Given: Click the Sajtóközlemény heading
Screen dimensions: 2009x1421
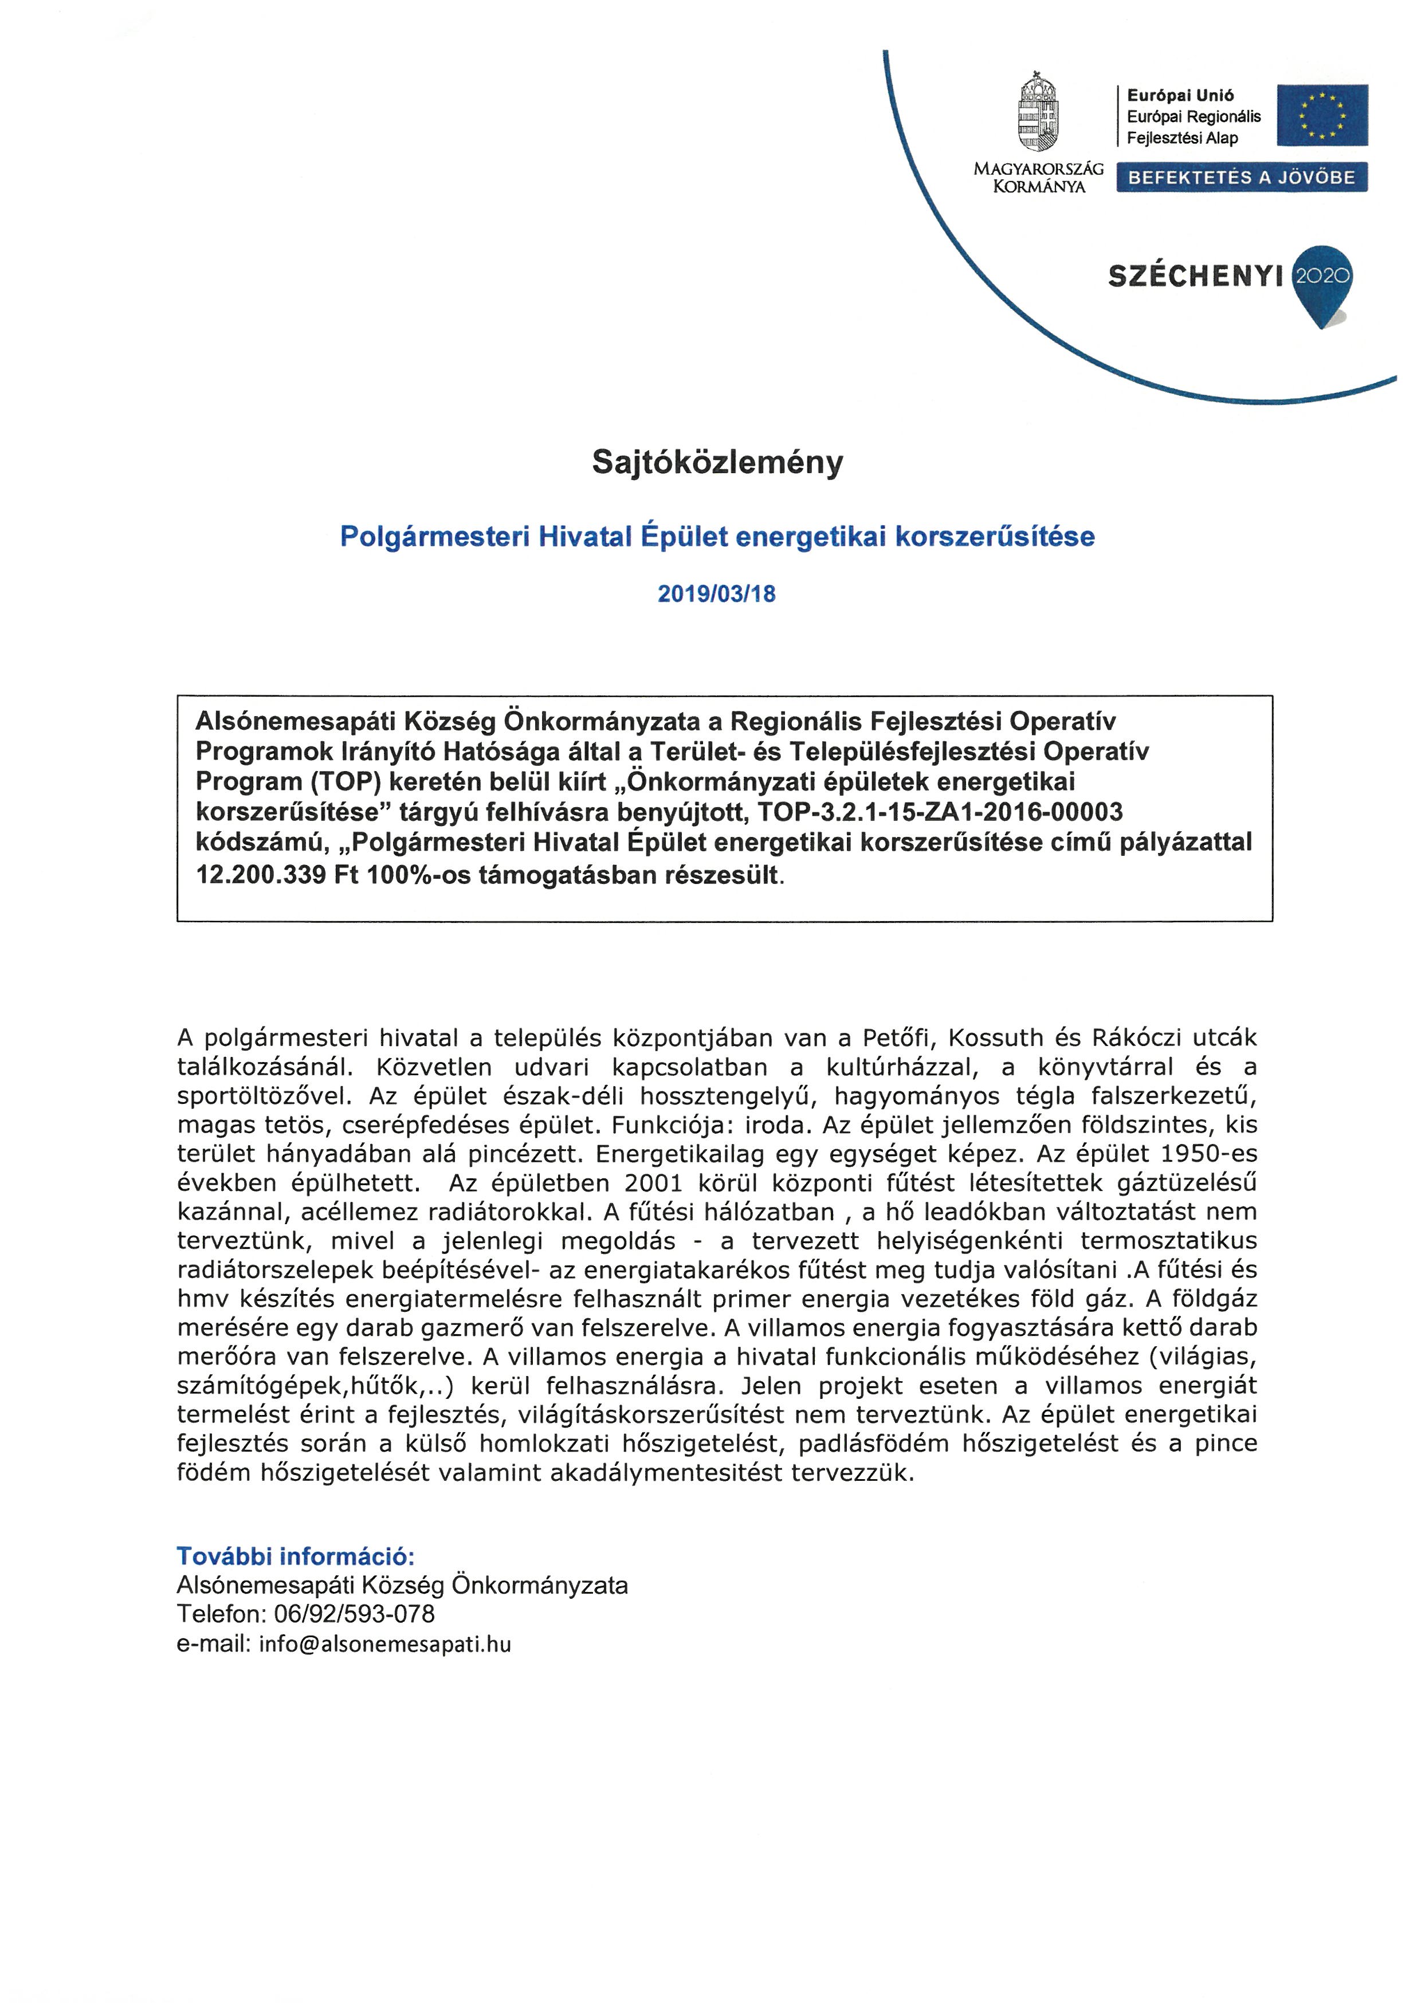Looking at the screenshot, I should (x=717, y=462).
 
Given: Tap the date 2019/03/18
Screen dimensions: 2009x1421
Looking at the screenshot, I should (x=717, y=593).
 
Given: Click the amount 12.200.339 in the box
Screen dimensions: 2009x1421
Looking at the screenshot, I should (x=261, y=874).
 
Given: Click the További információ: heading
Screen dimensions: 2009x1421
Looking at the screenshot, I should (x=296, y=1556).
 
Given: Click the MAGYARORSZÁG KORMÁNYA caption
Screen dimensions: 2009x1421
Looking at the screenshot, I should (x=1039, y=178).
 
